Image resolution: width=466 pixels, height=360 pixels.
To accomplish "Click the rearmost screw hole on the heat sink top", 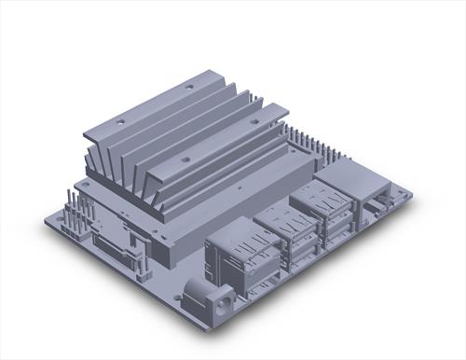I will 189,86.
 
